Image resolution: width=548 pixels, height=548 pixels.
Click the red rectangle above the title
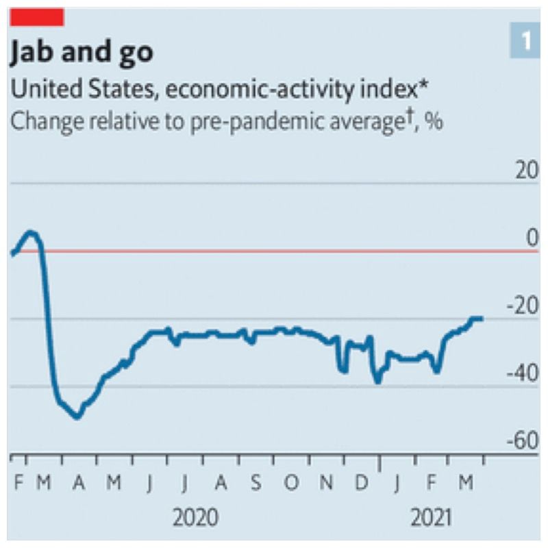tap(37, 16)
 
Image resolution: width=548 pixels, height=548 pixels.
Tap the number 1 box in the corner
tap(525, 42)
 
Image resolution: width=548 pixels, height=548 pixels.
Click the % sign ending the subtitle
tap(432, 121)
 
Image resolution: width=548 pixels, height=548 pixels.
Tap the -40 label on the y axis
tap(523, 375)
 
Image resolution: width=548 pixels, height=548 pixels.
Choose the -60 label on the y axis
tap(523, 442)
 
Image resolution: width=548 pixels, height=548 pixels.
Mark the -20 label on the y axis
tap(523, 306)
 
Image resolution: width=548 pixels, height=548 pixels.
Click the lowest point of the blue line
tap(77, 416)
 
